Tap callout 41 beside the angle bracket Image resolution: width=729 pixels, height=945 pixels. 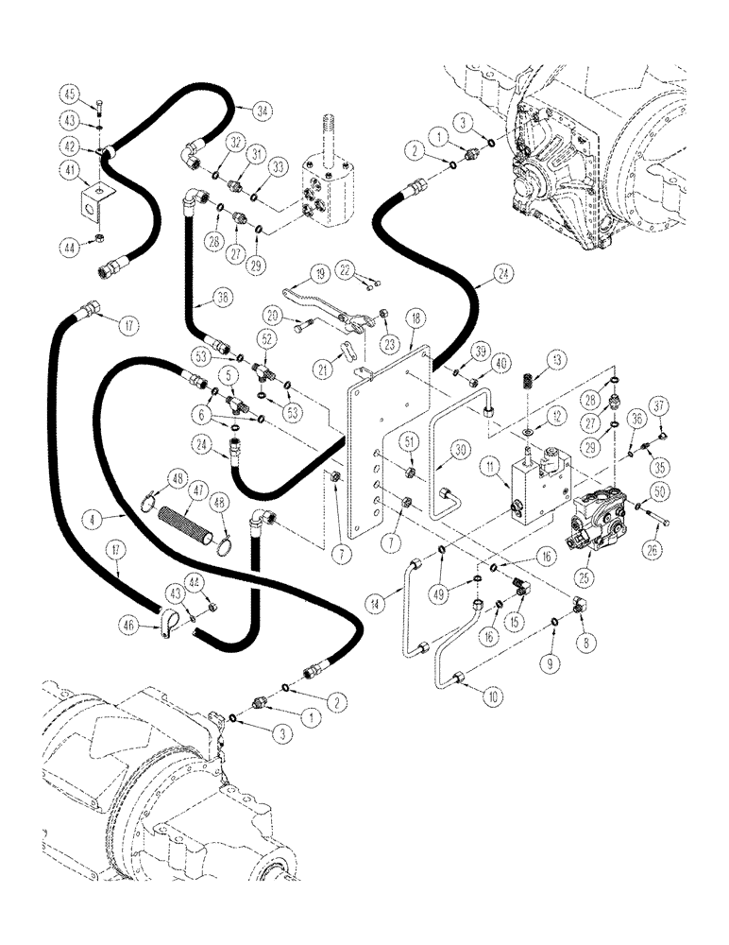[70, 170]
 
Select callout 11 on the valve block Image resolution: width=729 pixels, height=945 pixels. [490, 465]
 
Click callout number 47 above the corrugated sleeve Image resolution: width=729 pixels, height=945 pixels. [198, 492]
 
